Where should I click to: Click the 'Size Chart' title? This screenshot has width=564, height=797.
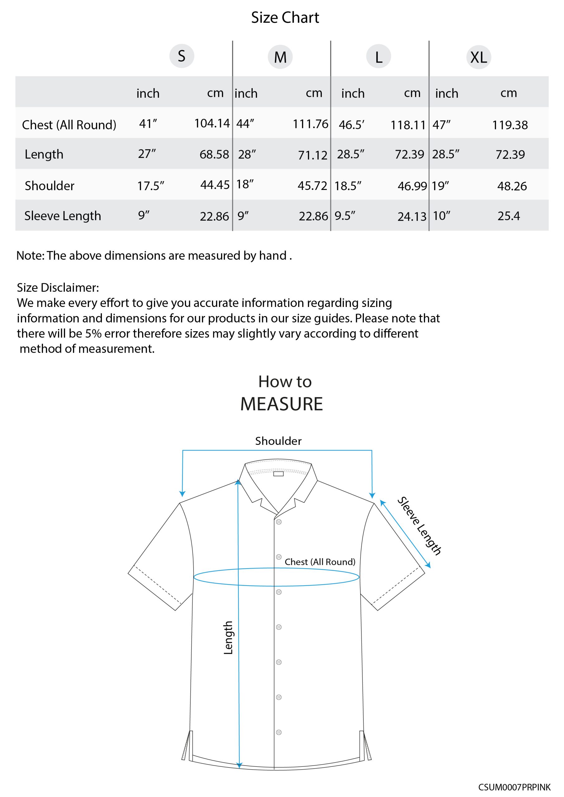pos(284,18)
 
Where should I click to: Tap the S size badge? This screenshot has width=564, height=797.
pos(181,56)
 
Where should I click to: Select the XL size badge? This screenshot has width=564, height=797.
pos(478,57)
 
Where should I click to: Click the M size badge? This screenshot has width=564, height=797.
pos(280,57)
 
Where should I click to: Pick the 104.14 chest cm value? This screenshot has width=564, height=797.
pos(212,123)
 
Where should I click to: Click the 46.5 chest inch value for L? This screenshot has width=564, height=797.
pos(351,125)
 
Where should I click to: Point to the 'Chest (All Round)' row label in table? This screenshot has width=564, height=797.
pos(69,125)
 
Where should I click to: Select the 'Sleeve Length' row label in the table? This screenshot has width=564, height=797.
pos(63,216)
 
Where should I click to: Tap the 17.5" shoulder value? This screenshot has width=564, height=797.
pos(151,186)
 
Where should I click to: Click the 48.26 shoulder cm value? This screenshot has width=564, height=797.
pos(512,186)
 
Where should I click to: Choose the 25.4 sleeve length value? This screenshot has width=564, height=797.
pos(509,216)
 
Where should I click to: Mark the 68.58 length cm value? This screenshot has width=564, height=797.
pos(214,154)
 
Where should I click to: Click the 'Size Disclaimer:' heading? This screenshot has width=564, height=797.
pos(58,287)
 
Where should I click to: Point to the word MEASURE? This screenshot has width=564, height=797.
pos(281,404)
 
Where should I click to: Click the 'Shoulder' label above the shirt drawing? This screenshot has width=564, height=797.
pos(278,441)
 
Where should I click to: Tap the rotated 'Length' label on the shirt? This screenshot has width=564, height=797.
pos(228,638)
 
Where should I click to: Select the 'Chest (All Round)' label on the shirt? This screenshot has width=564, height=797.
pos(320,562)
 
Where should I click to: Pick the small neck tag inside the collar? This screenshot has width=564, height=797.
pos(278,474)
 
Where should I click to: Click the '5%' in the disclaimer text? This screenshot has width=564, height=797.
pos(93,333)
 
